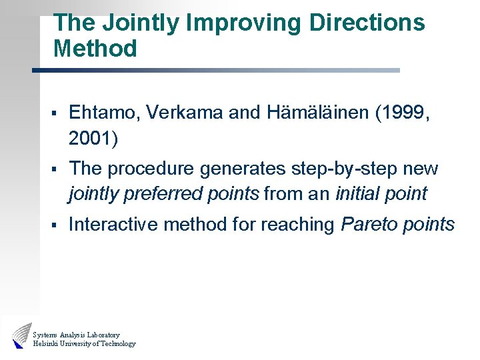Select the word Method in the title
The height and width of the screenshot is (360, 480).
[95, 49]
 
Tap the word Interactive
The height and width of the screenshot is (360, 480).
[113, 225]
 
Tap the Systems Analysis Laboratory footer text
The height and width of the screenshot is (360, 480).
[76, 334]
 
